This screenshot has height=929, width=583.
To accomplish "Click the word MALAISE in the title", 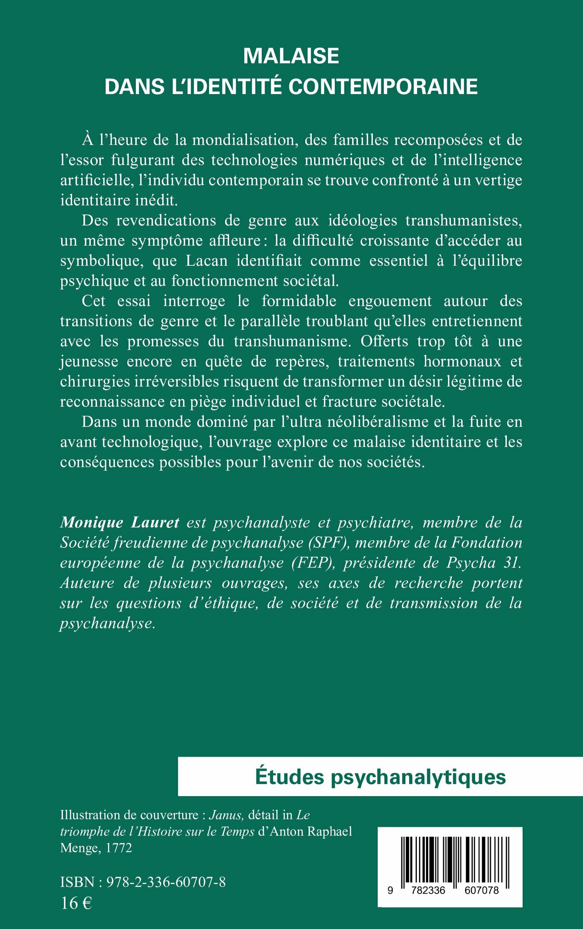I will click(291, 56).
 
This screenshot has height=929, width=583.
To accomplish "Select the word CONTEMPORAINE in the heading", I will click(383, 87).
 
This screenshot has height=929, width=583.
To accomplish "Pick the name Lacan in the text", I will click(207, 261).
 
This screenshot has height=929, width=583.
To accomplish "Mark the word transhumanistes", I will click(463, 221).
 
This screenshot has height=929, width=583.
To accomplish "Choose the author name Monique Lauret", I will click(120, 523).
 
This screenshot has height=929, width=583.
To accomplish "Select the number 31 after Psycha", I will click(512, 563).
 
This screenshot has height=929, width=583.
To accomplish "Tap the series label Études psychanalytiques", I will click(380, 777).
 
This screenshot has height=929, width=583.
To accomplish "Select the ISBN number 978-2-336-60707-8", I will click(166, 882).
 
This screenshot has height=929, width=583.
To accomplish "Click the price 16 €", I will click(76, 903).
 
